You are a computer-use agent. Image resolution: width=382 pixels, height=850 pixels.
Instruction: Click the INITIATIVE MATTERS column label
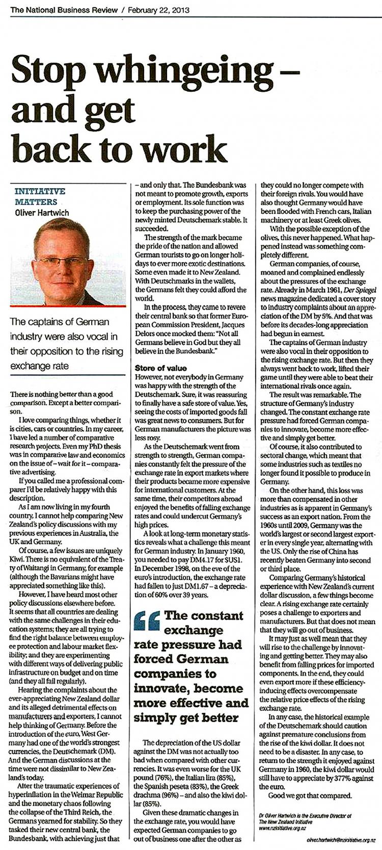click(x=40, y=196)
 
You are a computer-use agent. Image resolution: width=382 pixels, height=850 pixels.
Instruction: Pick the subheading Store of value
click(x=160, y=368)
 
